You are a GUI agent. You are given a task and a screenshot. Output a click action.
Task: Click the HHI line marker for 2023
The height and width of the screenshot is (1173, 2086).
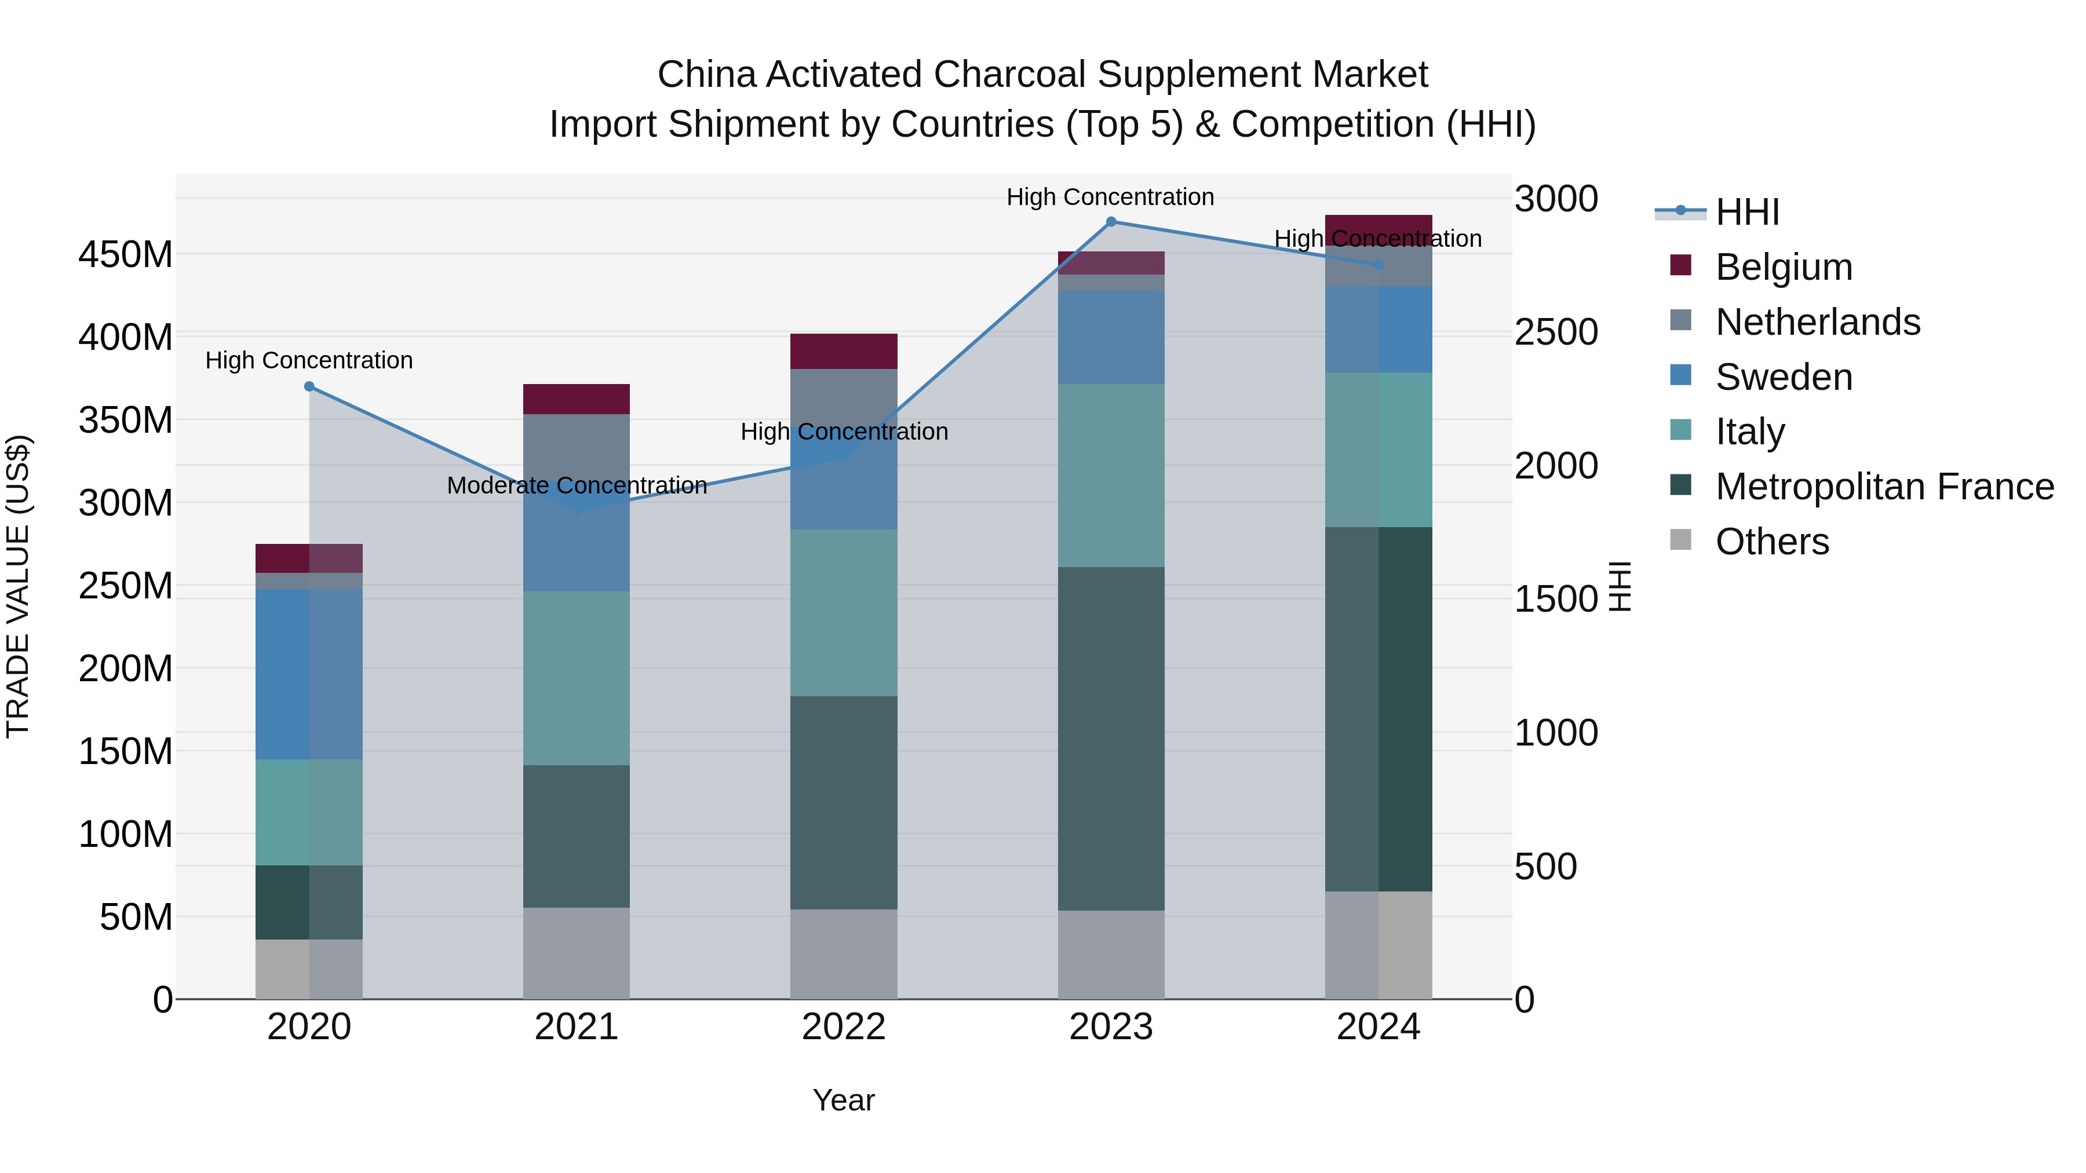[x=1111, y=222]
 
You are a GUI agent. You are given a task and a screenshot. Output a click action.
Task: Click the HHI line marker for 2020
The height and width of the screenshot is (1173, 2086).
[x=309, y=387]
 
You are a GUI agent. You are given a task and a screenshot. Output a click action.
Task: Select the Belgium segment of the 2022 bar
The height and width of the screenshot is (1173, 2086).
[x=844, y=352]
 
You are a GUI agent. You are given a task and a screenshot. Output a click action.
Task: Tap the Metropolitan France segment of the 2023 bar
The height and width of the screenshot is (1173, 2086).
[x=1111, y=739]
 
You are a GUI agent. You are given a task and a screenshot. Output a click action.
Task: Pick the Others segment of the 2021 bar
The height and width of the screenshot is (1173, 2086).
[x=577, y=953]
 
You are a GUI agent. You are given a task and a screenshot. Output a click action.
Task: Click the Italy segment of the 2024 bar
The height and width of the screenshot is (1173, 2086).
[x=1378, y=450]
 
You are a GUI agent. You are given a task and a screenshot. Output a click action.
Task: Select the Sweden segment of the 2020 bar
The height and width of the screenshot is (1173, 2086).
[x=309, y=674]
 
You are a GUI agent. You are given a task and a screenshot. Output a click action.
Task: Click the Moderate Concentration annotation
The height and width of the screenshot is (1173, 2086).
[x=577, y=486]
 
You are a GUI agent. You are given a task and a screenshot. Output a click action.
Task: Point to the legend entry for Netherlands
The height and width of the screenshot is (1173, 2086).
[x=1817, y=322]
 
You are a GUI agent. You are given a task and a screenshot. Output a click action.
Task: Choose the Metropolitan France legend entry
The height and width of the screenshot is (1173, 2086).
[x=1884, y=487]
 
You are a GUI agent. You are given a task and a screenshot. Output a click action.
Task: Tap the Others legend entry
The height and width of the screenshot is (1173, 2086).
[x=1772, y=542]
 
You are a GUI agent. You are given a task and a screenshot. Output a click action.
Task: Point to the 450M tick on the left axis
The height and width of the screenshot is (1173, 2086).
[x=126, y=255]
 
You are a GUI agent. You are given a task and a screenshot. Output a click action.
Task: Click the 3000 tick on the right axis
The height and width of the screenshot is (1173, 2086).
[x=1556, y=199]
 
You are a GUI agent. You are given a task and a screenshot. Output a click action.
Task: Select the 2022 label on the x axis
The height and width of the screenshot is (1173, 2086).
[x=844, y=1027]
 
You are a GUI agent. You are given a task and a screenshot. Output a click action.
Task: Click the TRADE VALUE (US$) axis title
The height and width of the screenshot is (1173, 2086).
[x=18, y=586]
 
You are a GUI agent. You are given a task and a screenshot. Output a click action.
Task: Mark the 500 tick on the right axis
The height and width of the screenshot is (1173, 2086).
[x=1545, y=867]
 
